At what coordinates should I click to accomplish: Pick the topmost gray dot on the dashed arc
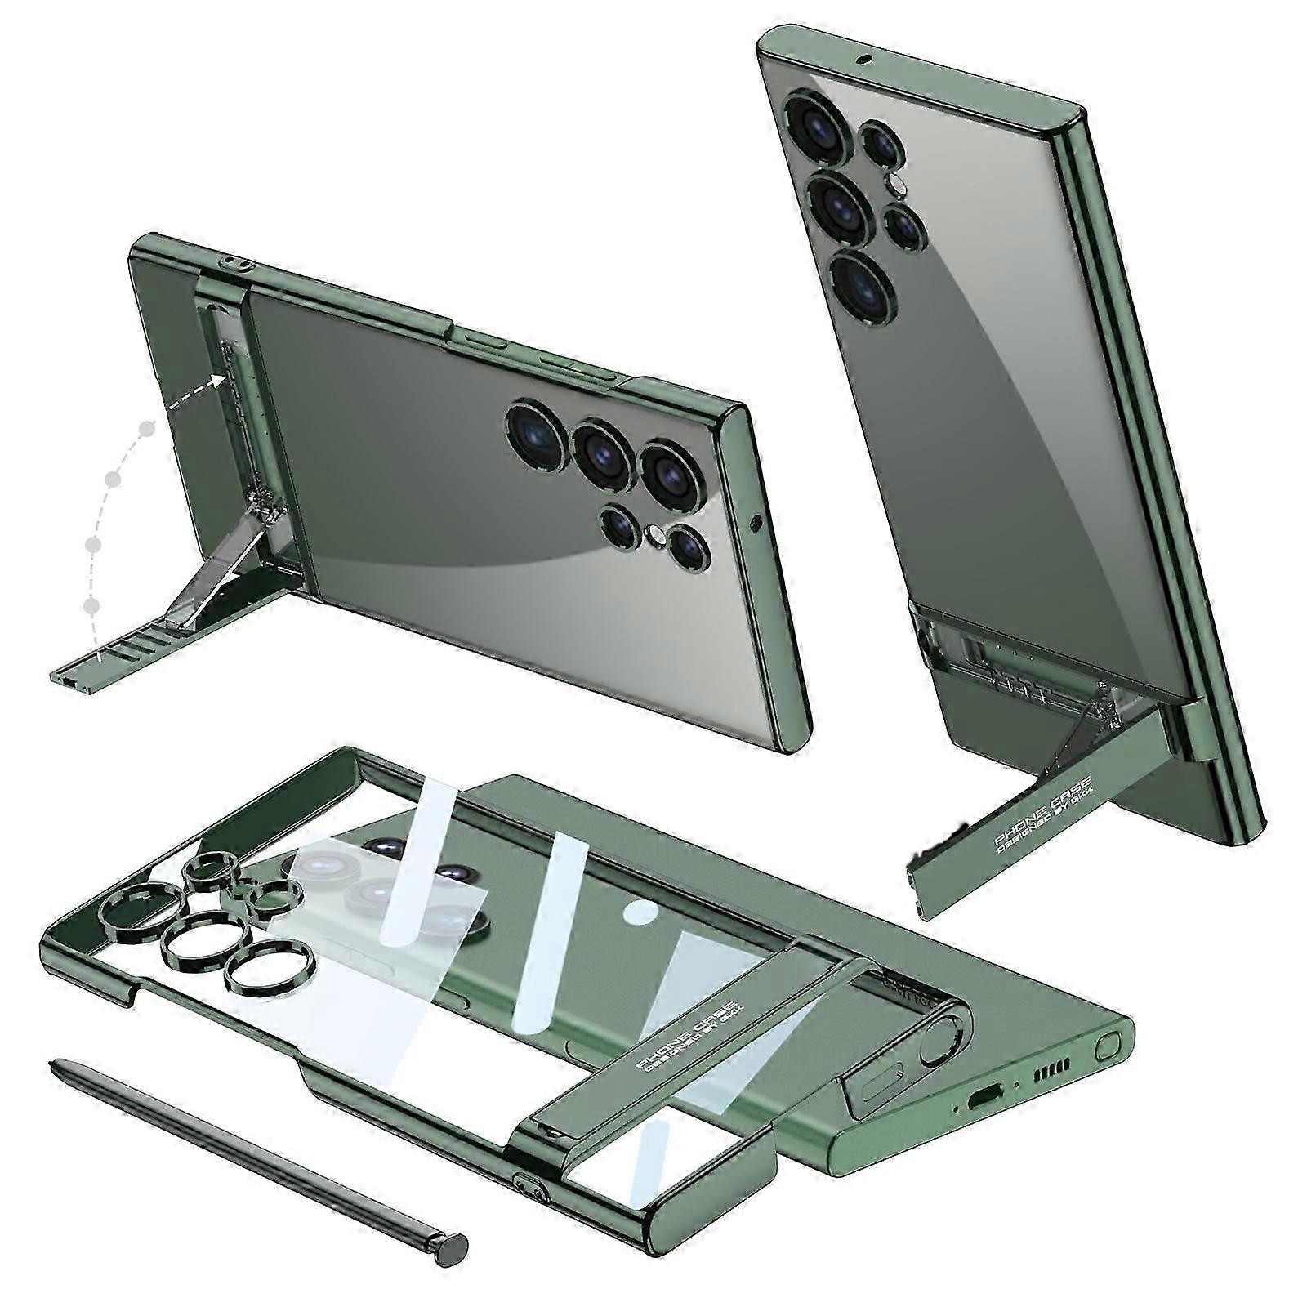tap(147, 428)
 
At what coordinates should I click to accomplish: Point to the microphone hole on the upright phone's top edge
tap(862, 59)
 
